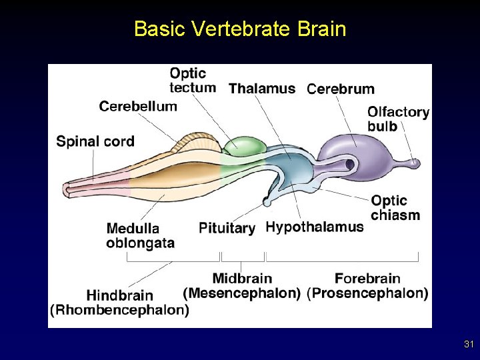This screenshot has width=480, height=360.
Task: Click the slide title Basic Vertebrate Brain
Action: (240, 29)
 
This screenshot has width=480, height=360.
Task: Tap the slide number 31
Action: (468, 345)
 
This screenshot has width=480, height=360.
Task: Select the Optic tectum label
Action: (193, 80)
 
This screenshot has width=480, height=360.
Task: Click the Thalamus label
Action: (262, 88)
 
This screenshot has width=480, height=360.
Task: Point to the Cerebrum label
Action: (340, 89)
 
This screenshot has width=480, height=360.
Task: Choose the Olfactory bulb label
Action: (398, 119)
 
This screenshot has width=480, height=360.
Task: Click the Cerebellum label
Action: (138, 106)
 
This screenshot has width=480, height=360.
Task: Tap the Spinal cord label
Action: (95, 141)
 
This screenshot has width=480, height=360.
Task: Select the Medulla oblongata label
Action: (141, 235)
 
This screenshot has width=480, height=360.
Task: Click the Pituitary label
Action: (227, 228)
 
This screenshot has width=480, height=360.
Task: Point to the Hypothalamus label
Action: (315, 227)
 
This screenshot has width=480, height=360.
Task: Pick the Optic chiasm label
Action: (395, 208)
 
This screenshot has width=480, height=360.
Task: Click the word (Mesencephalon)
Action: (241, 293)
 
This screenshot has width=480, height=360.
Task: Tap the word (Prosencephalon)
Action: (367, 293)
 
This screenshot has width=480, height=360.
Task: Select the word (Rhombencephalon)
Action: (120, 309)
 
